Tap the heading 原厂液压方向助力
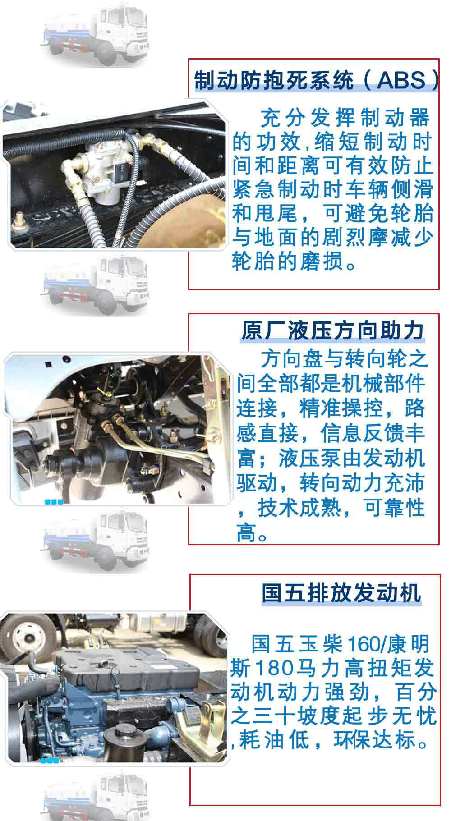click(332, 330)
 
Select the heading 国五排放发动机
click(341, 592)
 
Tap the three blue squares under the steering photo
click(54, 502)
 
